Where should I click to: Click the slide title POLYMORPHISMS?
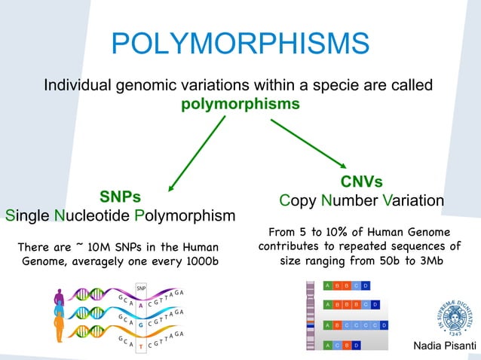click(240, 43)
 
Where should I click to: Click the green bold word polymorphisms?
click(240, 102)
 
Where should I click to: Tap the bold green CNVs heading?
click(361, 182)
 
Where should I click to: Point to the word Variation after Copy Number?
click(412, 201)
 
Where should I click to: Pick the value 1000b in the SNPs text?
click(198, 261)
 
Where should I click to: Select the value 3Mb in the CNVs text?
click(427, 260)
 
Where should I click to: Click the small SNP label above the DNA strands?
click(141, 288)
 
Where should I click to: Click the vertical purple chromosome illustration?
click(310, 316)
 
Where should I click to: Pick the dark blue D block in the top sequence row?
click(365, 285)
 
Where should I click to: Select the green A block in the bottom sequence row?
click(326, 345)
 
